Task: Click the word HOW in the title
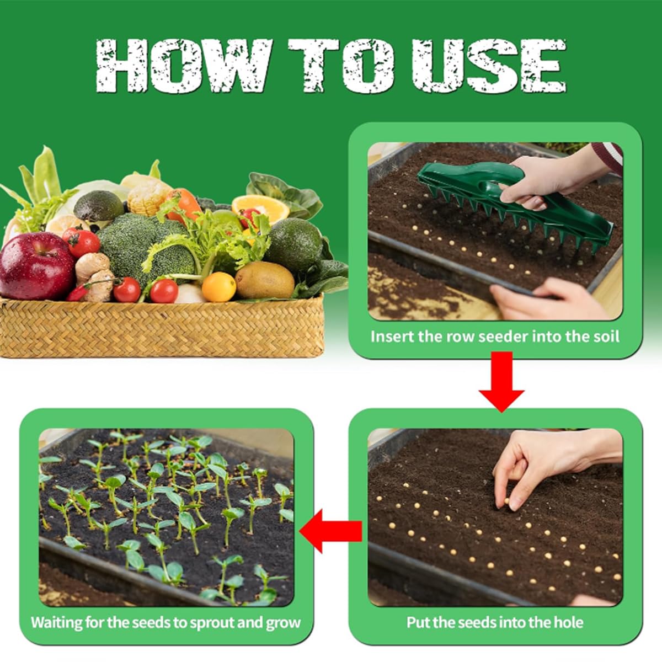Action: click(183, 65)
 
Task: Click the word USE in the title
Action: click(489, 65)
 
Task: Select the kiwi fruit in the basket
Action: click(265, 280)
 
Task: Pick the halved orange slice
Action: click(260, 209)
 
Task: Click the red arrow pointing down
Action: click(501, 381)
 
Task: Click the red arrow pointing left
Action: click(330, 531)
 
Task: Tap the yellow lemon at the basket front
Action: click(218, 287)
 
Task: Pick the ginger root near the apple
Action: click(94, 275)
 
